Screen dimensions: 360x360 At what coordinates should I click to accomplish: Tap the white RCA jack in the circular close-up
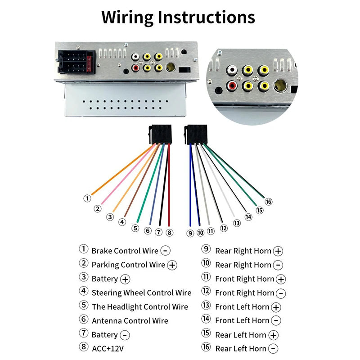tap(232, 70)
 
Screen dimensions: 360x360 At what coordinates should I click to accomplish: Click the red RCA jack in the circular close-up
tap(232, 85)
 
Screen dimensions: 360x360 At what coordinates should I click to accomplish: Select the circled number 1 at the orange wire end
tap(87, 198)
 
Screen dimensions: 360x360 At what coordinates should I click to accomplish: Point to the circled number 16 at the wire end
tap(269, 201)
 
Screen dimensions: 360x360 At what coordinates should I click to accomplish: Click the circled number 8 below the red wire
tap(169, 232)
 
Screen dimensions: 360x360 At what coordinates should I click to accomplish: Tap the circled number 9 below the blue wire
tap(190, 233)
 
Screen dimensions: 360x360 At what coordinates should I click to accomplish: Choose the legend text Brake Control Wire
tap(125, 251)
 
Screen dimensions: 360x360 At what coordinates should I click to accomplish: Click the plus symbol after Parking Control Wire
tap(172, 265)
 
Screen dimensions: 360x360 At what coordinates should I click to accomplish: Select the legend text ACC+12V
tap(108, 349)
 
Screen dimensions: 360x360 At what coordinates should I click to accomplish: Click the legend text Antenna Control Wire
tap(130, 321)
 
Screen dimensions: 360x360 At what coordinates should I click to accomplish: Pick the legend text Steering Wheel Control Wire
tap(141, 293)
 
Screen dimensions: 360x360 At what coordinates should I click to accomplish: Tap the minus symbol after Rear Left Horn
tap(273, 349)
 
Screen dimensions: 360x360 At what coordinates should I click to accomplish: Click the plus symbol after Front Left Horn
tap(276, 307)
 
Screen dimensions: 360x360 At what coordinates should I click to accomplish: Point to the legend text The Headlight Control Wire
tap(140, 307)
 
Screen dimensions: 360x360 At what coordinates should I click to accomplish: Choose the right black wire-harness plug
tap(195, 135)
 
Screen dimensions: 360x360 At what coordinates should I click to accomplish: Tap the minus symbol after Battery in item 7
tap(125, 335)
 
